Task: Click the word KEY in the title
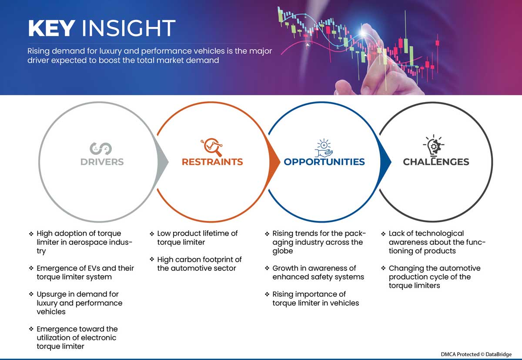click(51, 28)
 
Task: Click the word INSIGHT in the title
click(128, 28)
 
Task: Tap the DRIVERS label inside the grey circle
click(102, 162)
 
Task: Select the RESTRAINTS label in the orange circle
click(212, 162)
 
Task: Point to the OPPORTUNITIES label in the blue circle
click(324, 162)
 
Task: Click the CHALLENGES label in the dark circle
click(436, 162)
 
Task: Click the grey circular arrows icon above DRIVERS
click(100, 149)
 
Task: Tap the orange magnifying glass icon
click(212, 147)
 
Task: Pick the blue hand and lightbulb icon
click(324, 148)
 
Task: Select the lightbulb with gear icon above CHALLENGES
click(434, 145)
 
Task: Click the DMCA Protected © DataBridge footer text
click(476, 354)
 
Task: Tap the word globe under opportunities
click(282, 251)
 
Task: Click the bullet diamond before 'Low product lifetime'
click(152, 234)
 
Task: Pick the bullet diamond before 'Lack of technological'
click(383, 234)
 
